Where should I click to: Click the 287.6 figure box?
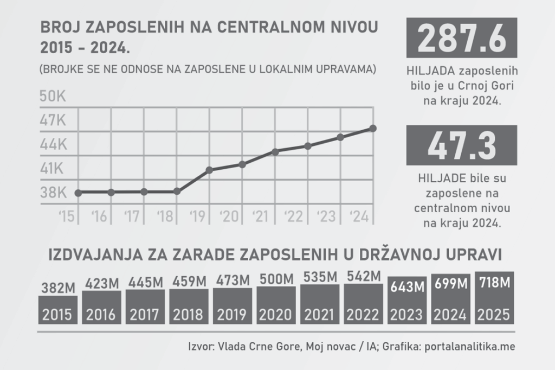(x=461, y=38)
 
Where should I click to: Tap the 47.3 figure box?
(x=461, y=145)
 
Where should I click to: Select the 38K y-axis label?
(x=53, y=193)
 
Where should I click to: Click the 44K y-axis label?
(x=53, y=145)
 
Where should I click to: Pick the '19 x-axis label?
(x=197, y=217)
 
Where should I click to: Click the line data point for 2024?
(x=373, y=128)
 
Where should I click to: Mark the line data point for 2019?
(x=209, y=170)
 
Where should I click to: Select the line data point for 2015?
(x=78, y=193)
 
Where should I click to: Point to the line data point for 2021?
(x=275, y=151)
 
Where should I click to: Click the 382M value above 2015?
(x=57, y=288)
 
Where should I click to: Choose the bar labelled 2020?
(x=276, y=307)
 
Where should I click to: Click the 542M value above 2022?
(x=363, y=277)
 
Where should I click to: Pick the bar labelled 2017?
(x=145, y=307)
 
